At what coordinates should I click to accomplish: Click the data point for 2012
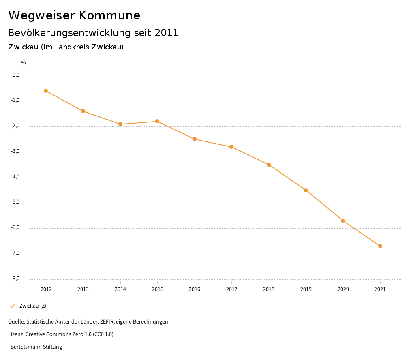(x=46, y=91)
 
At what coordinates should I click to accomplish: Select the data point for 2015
(x=157, y=121)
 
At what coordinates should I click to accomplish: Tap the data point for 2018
(x=269, y=165)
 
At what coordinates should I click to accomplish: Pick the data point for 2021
(x=380, y=246)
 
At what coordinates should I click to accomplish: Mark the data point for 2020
(x=343, y=221)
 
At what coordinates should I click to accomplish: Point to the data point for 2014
(x=120, y=124)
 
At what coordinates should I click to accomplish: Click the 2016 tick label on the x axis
(x=195, y=289)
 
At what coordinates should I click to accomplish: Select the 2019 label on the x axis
(x=306, y=289)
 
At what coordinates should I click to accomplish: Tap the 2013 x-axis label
(x=83, y=289)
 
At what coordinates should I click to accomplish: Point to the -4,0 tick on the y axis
(x=16, y=177)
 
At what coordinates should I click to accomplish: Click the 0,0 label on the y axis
(x=16, y=75)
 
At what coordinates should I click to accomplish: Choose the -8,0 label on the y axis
(x=16, y=279)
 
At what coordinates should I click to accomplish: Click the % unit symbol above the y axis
(x=24, y=63)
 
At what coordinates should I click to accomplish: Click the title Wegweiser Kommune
(x=74, y=15)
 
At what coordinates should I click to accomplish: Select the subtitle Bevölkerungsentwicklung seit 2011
(x=93, y=33)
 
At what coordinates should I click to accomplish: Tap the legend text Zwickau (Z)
(x=33, y=306)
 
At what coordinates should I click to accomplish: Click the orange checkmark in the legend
(x=12, y=306)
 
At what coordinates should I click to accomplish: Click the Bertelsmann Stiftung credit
(x=36, y=347)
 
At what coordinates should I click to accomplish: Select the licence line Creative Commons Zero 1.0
(x=61, y=334)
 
